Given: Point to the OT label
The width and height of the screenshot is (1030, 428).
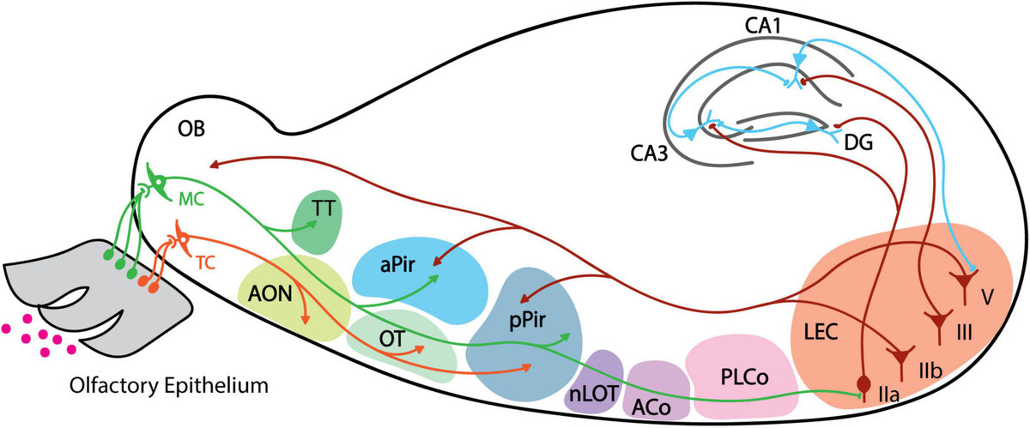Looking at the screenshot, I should coord(393,336).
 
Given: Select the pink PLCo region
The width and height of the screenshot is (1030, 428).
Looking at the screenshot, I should coord(731,375).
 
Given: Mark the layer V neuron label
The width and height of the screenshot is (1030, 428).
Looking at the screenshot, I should coord(989,296).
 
